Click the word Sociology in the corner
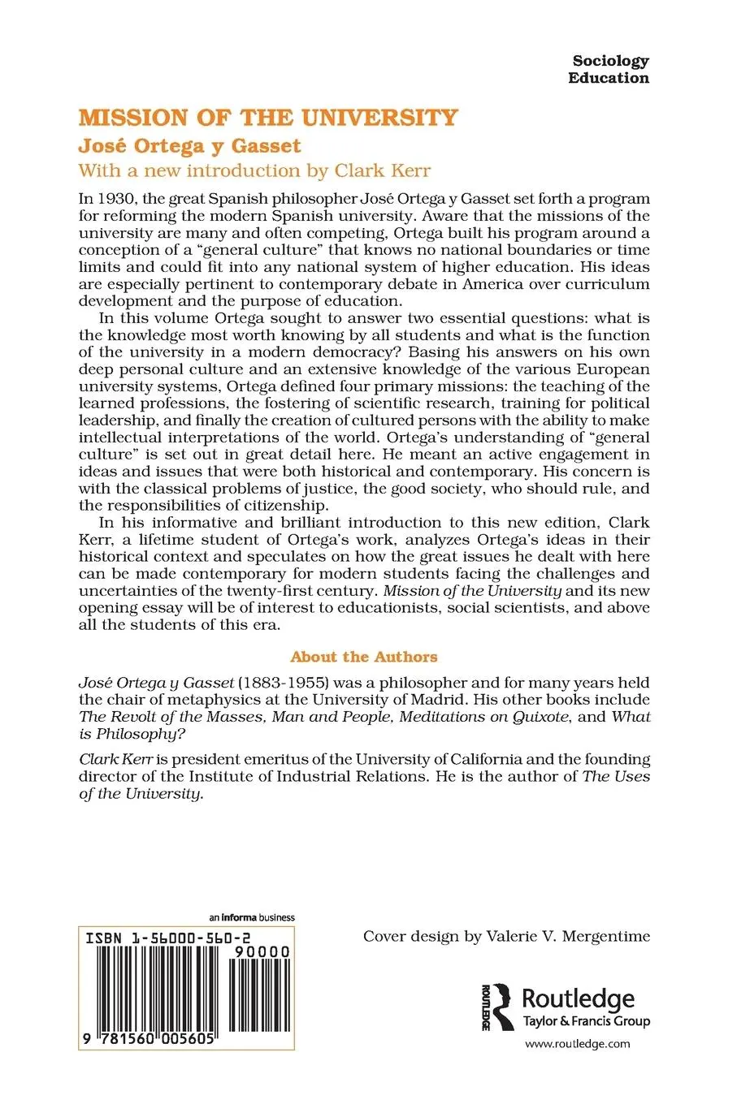click(x=610, y=61)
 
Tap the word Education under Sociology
click(x=609, y=79)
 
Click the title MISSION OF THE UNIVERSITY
click(x=268, y=119)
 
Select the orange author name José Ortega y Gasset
click(x=189, y=146)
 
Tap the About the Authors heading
click(x=364, y=657)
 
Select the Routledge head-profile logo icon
click(x=497, y=1007)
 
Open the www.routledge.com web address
click(x=578, y=1045)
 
